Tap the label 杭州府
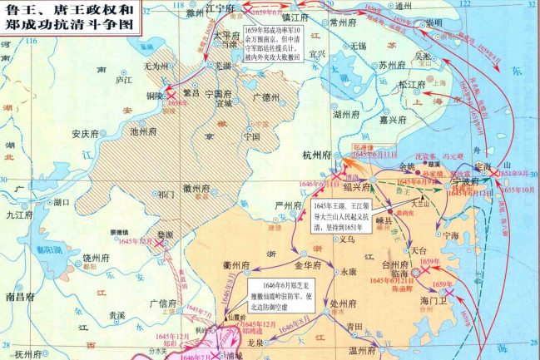click(x=318, y=155)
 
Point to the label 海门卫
click(x=435, y=300)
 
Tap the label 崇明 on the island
click(x=433, y=22)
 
